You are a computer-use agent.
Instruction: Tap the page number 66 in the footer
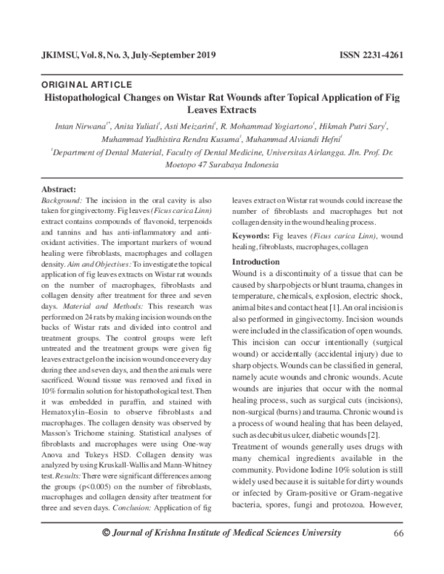pos(398,555)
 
